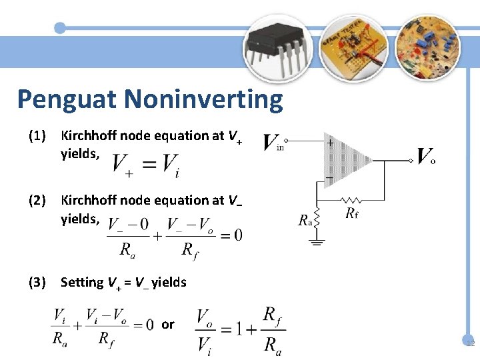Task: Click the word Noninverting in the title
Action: pos(203,100)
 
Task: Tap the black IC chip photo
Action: pos(275,45)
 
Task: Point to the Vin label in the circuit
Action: pos(272,143)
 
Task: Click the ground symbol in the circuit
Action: pos(317,243)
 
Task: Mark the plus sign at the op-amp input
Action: pos(330,142)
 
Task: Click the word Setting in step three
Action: pos(82,283)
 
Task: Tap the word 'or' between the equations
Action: pos(167,325)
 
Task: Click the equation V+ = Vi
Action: pos(146,164)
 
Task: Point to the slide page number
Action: pos(469,344)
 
